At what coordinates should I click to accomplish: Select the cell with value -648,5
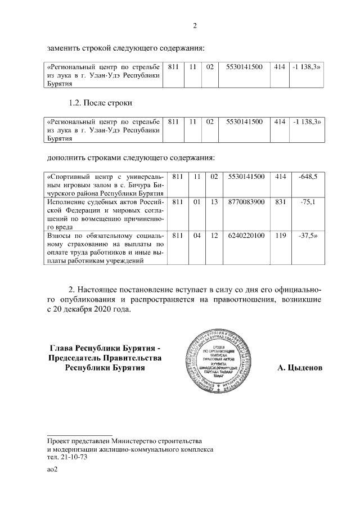click(x=308, y=177)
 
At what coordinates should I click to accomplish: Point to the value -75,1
click(x=308, y=201)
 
